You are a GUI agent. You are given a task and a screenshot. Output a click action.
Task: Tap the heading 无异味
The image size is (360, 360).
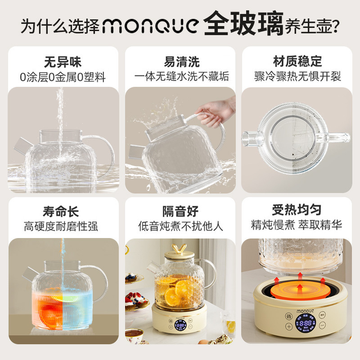coord(63,62)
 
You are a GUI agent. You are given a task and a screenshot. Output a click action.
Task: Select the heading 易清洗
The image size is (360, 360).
coord(182,62)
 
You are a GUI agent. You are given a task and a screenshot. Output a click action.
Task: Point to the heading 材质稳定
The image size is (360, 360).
coord(297,61)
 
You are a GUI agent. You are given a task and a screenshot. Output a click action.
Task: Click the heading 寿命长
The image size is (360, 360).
coord(61,211)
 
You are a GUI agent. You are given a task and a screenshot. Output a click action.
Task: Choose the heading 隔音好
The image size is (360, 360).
coord(180,211)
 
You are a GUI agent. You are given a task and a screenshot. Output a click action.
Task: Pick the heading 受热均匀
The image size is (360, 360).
coord(297,210)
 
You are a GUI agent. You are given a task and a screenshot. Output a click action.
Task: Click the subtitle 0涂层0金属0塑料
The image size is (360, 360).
coord(63,77)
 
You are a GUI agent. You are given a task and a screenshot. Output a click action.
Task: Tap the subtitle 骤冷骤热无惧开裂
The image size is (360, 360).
coord(297,76)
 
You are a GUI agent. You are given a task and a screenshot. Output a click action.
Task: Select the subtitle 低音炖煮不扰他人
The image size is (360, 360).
coord(180,226)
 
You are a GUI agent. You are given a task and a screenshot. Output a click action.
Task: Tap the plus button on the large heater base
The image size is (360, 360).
coord(289,326)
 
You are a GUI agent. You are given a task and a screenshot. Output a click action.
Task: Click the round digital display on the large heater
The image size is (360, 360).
coord(306,324)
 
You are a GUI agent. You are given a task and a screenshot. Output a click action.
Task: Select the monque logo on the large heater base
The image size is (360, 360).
coord(305,311)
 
